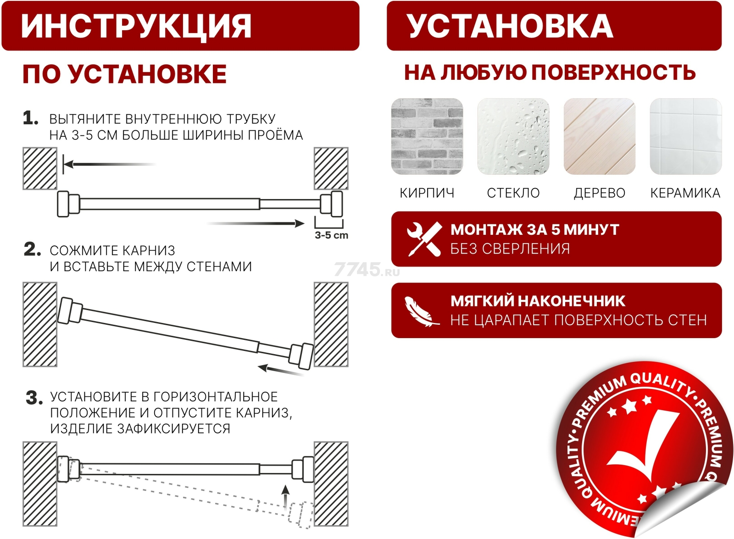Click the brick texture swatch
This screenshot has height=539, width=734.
[x=427, y=136]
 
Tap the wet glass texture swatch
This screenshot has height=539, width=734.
[x=513, y=136]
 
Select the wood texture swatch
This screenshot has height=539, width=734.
[x=599, y=136]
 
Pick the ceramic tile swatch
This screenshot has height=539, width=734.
[x=685, y=136]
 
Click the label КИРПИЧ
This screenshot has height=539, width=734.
[x=427, y=193]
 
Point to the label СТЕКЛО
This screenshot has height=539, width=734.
[x=513, y=193]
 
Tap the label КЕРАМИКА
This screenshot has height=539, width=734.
[x=685, y=193]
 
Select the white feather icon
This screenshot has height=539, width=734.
[x=421, y=311]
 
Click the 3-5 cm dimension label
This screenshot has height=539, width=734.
[x=331, y=235]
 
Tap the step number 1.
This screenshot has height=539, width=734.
[x=30, y=118]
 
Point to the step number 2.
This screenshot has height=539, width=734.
[x=32, y=250]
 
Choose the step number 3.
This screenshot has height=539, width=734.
[x=34, y=398]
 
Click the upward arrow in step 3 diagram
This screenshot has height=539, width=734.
[x=286, y=495]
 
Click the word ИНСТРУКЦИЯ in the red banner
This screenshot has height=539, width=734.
[x=136, y=26]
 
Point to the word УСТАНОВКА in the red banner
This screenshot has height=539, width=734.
[x=510, y=26]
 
